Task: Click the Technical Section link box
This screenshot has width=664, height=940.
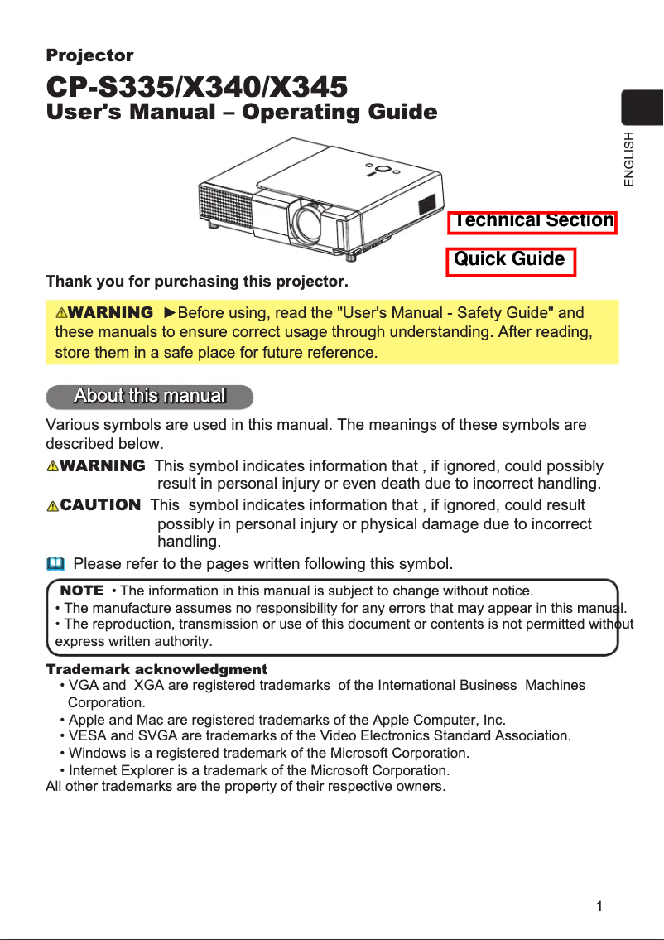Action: tap(532, 221)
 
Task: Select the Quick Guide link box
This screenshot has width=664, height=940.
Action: tap(510, 260)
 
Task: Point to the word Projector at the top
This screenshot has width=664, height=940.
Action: tap(89, 56)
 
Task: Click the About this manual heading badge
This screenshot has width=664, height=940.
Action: tap(150, 396)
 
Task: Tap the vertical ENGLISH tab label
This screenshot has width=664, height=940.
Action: tap(630, 158)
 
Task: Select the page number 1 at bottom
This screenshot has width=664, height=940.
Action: tap(599, 905)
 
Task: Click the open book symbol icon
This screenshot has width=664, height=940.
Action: tap(55, 564)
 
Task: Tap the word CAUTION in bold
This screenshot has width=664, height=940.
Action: tap(100, 504)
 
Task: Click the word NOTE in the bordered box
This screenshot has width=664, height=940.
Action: tap(82, 591)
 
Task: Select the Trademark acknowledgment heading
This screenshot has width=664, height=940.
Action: tap(156, 669)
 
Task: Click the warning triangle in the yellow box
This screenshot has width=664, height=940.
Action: tap(61, 313)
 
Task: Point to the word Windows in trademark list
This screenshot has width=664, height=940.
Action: tap(94, 754)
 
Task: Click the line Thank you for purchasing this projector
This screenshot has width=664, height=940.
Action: tap(197, 282)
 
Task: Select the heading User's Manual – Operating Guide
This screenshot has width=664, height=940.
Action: tap(241, 113)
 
